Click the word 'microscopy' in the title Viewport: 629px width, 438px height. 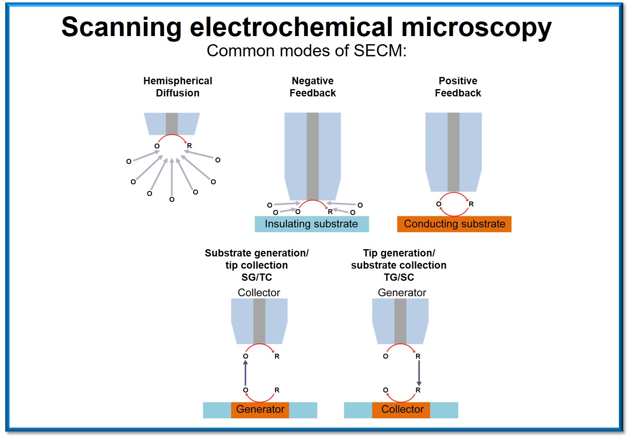coord(476,28)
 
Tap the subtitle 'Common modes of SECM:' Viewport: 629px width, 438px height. coord(306,51)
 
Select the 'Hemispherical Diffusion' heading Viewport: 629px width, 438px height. coord(177,87)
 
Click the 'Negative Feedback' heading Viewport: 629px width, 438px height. coord(313,87)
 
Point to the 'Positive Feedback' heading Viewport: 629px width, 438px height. coord(458,87)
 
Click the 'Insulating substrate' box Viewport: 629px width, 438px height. coord(311,224)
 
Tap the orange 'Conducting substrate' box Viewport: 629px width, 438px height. coord(454,224)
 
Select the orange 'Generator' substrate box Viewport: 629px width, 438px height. coord(260,410)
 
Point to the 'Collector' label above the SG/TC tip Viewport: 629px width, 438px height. coord(259,293)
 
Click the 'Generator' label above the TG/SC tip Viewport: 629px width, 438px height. coord(402,293)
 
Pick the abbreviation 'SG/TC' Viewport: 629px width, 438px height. coord(257,278)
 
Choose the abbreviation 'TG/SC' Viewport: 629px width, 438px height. coord(399,278)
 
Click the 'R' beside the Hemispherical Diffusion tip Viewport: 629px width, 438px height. coord(189,146)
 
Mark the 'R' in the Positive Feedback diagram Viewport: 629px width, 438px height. coord(471,204)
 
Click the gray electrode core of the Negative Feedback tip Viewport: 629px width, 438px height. coord(313,156)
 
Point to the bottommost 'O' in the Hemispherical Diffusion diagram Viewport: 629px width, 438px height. coord(172,199)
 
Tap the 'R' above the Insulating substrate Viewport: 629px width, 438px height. coord(330,212)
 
